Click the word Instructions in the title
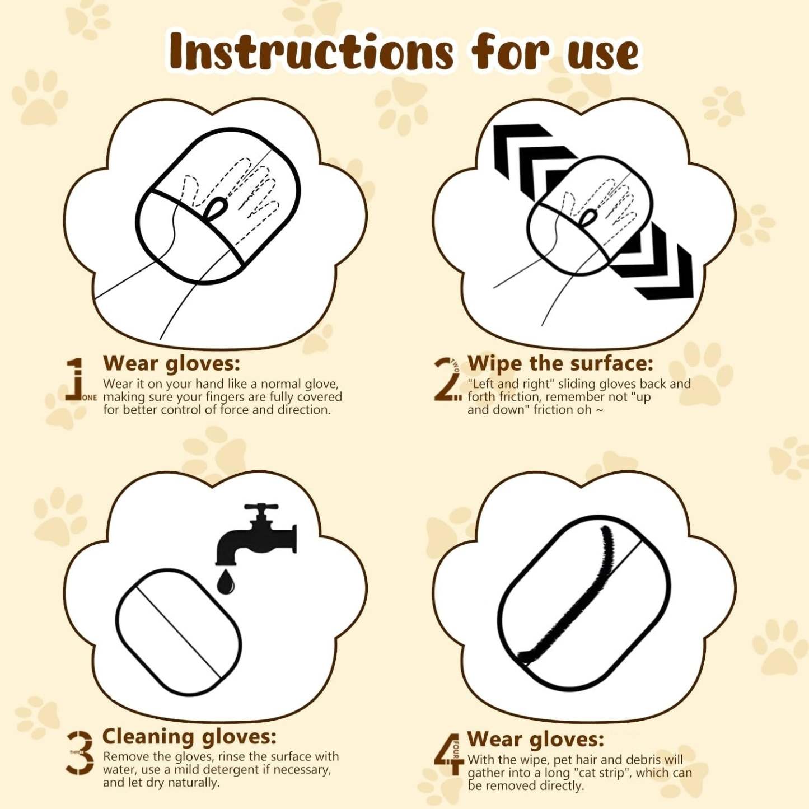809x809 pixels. click(313, 53)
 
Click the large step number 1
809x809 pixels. click(76, 379)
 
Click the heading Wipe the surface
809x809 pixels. click(560, 363)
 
